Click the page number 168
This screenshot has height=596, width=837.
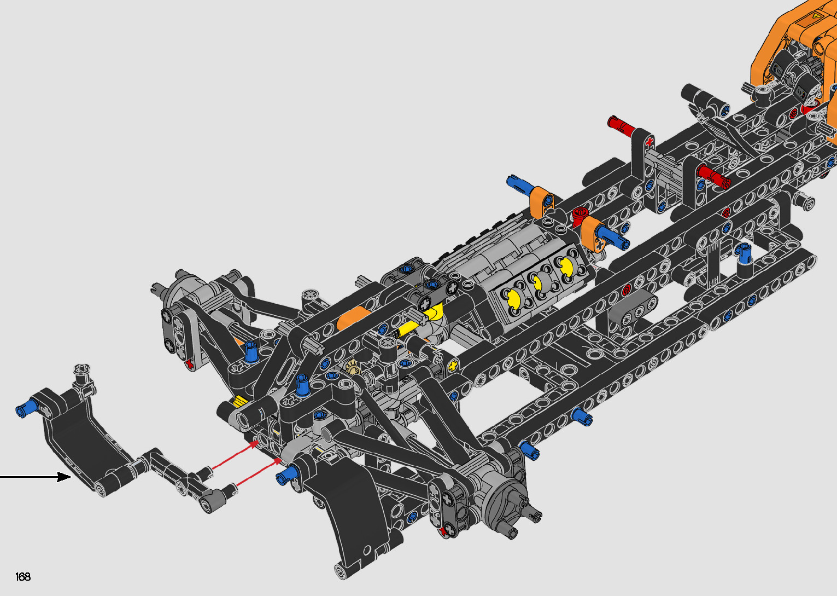(x=23, y=576)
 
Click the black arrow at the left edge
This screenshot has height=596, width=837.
(x=36, y=477)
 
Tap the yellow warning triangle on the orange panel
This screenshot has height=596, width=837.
(x=815, y=16)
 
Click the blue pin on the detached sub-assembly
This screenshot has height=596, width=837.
(x=27, y=408)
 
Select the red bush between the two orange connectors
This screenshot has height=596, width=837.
(x=580, y=215)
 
